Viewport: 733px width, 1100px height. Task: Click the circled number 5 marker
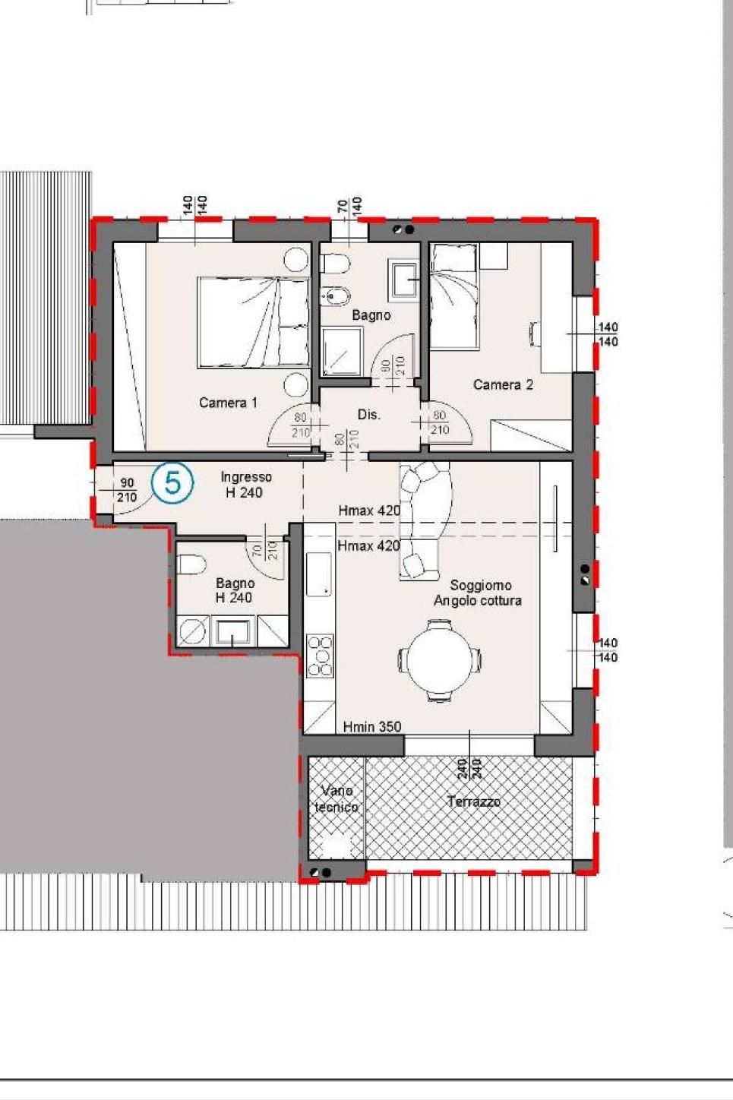pos(172,483)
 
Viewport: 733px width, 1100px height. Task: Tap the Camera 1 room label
pos(228,403)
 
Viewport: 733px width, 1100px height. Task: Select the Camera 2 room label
pos(503,384)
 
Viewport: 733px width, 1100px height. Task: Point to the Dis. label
pos(368,415)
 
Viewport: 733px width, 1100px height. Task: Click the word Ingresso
pos(246,477)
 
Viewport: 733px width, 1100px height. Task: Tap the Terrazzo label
pos(474,802)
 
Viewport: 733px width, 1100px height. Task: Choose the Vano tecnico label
pos(336,799)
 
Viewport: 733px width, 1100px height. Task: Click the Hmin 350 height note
pos(372,726)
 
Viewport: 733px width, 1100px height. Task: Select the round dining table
pos(439,660)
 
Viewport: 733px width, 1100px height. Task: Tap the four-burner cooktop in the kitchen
pos(320,656)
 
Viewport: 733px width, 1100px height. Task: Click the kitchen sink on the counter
pos(319,574)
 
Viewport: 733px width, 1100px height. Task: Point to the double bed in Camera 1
pos(254,323)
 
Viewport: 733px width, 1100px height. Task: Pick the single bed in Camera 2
pos(453,296)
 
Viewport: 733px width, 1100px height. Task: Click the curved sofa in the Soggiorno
pos(425,520)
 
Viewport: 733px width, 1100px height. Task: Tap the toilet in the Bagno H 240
pos(191,565)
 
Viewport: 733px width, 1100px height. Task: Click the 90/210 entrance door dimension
pos(127,491)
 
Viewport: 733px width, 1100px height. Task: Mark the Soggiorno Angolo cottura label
pos(478,593)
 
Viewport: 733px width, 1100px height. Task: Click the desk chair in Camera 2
pos(536,334)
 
